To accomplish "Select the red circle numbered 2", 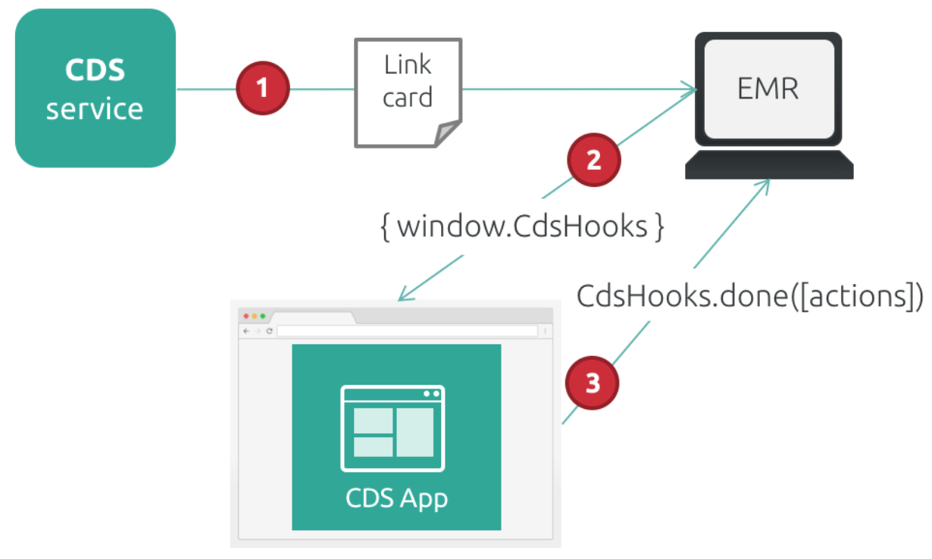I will pos(593,160).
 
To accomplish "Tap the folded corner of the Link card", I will pos(448,133).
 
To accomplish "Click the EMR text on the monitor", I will pos(768,89).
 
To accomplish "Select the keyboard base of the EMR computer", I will pos(769,164).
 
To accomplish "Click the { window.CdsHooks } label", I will pos(522,227).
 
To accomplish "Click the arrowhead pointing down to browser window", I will pos(406,295).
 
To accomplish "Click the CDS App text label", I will pos(396,498).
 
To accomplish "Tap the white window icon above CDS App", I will pos(393,429).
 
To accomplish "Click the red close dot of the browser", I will pos(246,316).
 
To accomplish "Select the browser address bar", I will pos(406,331).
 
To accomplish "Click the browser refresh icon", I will pos(269,331).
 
